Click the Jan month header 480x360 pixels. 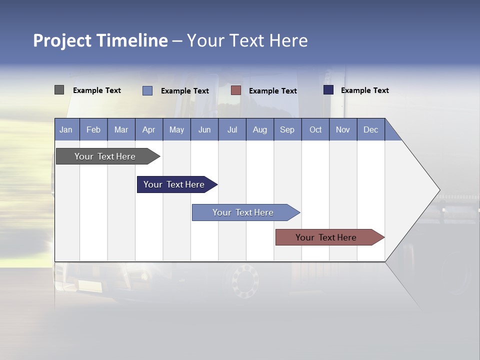coord(66,129)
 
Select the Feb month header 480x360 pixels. coord(93,129)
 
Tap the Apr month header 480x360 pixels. coord(148,129)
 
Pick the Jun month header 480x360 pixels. coord(204,129)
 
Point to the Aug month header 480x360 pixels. coord(260,129)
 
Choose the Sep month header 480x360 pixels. coord(287,129)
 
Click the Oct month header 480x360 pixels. coord(315,129)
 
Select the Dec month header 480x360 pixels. coord(371,129)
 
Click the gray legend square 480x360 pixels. coord(59,90)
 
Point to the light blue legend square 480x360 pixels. coord(147,90)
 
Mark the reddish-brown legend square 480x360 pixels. coord(236,90)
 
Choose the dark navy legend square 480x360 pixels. coord(328,90)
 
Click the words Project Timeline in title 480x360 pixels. coord(100,40)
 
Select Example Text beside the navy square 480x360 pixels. coord(364,90)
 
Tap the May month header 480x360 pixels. coord(176,129)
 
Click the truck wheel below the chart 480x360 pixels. coord(245,281)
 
